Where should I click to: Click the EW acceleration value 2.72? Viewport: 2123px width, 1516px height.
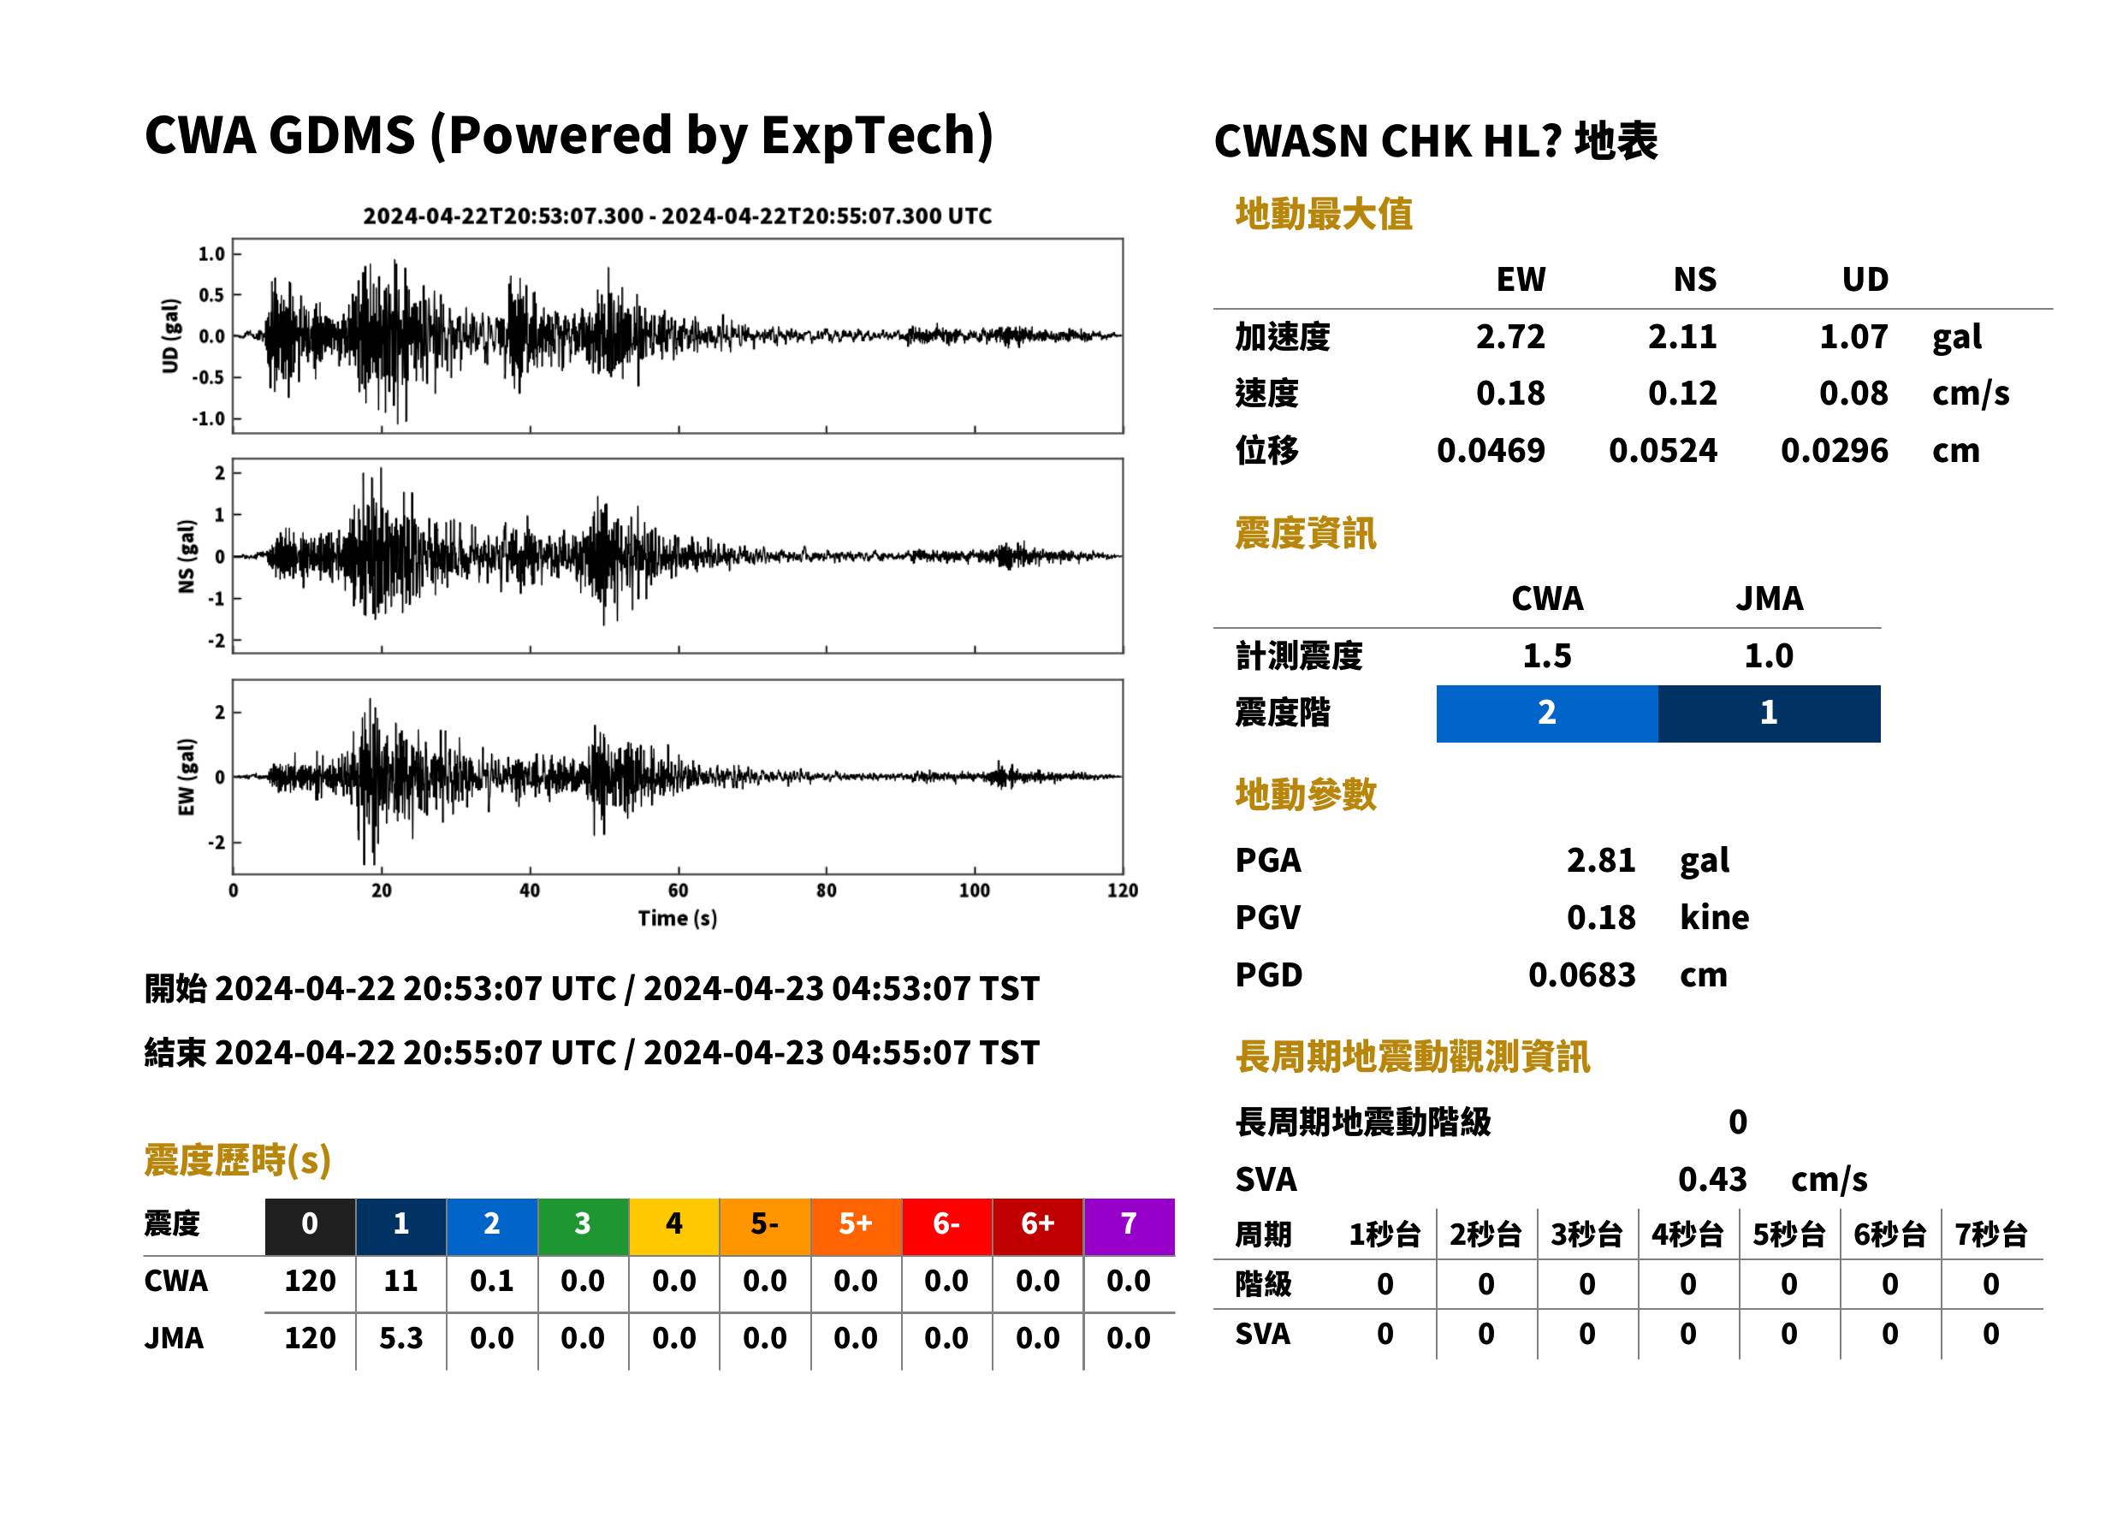1509,336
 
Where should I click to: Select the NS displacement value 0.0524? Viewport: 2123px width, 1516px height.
1663,450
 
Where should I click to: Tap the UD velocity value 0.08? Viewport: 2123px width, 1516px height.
1853,393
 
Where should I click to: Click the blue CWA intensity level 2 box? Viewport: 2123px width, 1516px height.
1547,714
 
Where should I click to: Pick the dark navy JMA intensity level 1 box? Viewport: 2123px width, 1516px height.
1770,714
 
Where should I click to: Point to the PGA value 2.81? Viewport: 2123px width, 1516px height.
1601,860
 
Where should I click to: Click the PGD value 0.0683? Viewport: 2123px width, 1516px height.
1581,974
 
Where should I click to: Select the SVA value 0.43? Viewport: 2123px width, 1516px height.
1712,1179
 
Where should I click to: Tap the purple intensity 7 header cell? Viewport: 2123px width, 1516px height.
1129,1227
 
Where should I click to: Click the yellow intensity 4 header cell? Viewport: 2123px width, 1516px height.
674,1227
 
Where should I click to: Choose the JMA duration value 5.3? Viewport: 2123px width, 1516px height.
400,1338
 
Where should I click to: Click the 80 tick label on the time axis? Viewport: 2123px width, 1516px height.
827,891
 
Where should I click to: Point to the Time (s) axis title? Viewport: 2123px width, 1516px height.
678,919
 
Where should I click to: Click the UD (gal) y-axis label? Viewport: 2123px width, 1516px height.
170,336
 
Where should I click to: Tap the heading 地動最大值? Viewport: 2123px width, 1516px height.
1324,214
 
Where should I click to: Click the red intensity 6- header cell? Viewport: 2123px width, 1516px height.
946,1227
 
